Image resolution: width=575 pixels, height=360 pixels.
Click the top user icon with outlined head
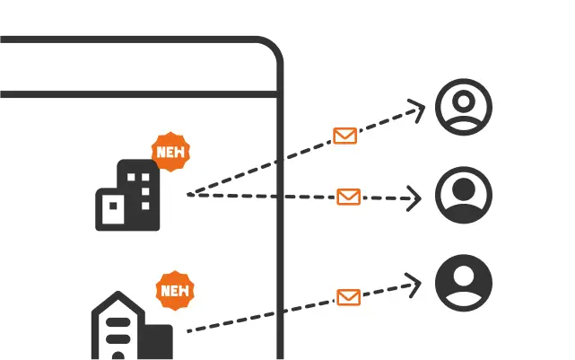pos(464,107)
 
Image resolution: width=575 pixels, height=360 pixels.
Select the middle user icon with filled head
pos(464,195)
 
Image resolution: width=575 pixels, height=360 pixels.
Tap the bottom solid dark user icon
pos(464,283)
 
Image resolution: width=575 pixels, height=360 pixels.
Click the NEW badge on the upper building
pos(170,152)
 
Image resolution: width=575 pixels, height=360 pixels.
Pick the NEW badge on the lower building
pos(175,290)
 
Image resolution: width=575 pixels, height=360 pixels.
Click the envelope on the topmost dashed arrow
pos(345,136)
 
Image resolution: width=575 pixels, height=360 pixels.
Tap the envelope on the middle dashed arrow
pos(348,198)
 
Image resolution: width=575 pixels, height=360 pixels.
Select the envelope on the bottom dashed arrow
pos(348,297)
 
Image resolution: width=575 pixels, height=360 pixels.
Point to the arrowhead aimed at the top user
pos(417,110)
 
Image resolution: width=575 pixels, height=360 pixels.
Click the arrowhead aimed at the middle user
pos(414,198)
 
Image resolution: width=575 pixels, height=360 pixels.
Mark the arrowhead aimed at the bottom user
pos(414,285)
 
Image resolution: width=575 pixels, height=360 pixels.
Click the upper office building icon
pos(127,195)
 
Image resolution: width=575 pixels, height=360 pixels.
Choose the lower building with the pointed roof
pos(132,326)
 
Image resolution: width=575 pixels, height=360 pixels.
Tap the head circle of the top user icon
pos(464,101)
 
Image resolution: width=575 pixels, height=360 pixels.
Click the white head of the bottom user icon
pos(464,276)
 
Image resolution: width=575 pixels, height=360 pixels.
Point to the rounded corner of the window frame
pos(274,46)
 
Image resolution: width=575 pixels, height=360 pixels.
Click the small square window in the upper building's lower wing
pos(113,206)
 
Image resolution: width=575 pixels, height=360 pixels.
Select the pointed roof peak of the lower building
pos(118,293)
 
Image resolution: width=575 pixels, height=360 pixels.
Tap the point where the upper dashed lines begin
pos(188,195)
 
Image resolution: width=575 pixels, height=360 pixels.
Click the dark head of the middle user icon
pos(464,189)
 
